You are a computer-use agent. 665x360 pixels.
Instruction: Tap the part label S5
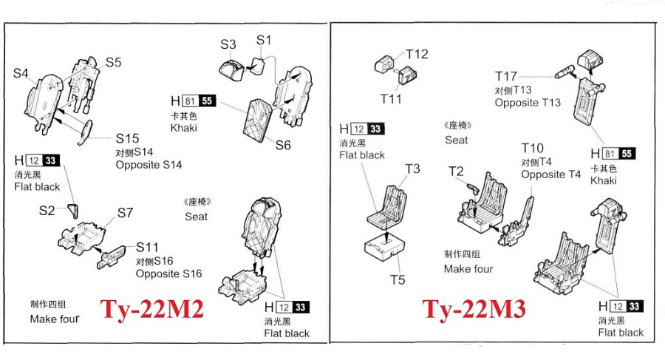[x=113, y=62]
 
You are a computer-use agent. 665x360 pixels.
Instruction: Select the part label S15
[x=127, y=138]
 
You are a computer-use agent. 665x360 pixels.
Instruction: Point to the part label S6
[x=283, y=146]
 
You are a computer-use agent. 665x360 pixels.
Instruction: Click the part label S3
[x=228, y=44]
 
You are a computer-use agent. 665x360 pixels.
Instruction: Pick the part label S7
[x=125, y=214]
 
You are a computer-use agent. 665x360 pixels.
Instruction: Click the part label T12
[x=417, y=54]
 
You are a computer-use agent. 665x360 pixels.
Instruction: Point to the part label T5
[x=398, y=280]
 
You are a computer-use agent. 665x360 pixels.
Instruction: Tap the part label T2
[x=456, y=171]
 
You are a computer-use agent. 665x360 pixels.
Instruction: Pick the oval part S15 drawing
[x=86, y=132]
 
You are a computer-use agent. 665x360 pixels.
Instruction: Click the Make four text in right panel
[x=468, y=268]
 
